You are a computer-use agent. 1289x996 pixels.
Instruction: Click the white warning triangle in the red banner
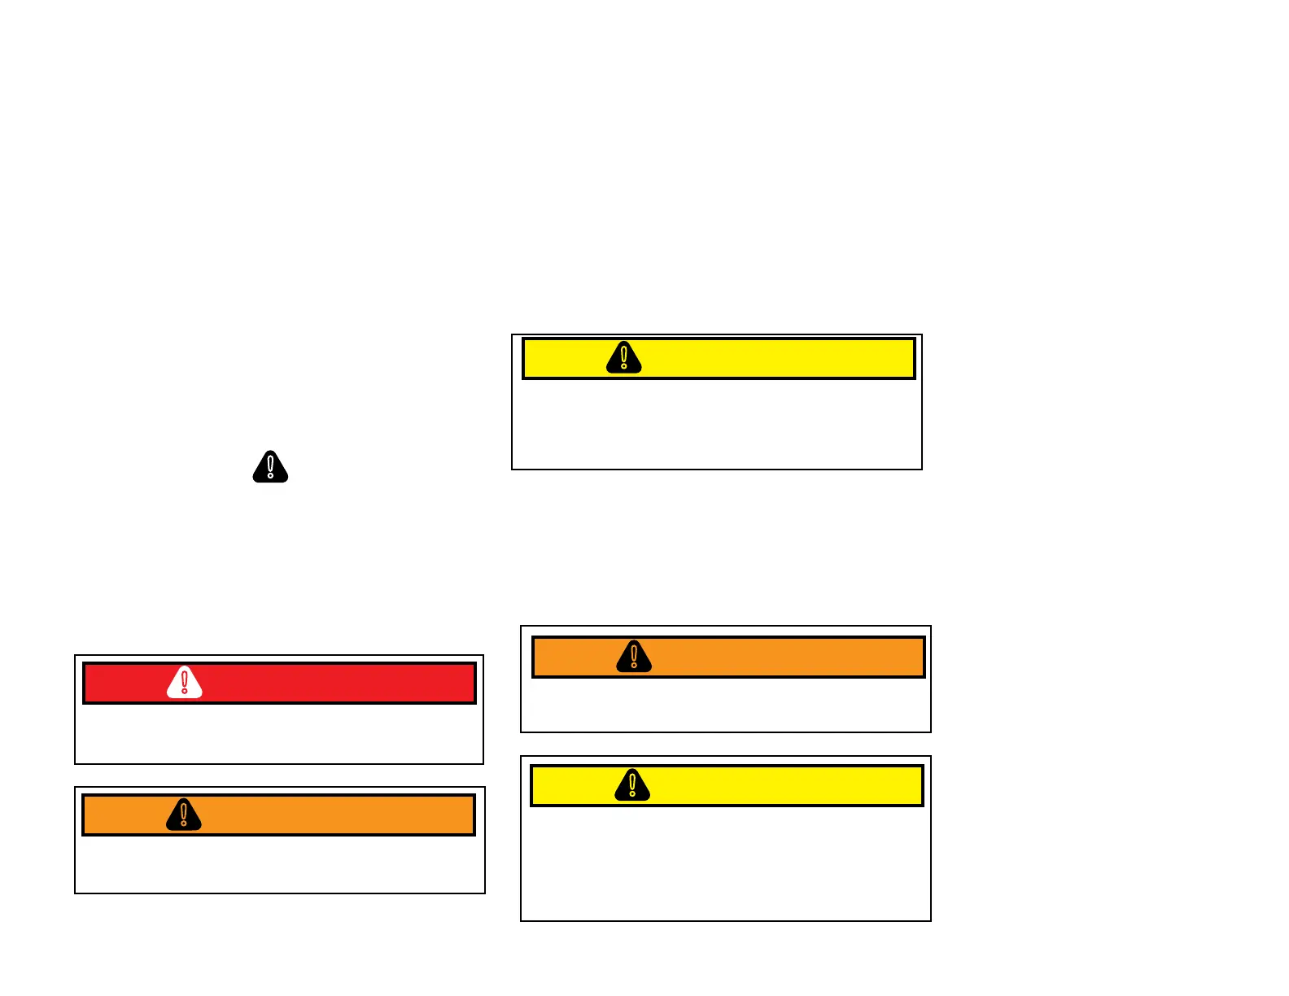[x=185, y=684]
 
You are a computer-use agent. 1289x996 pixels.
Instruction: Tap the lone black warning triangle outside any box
[x=270, y=467]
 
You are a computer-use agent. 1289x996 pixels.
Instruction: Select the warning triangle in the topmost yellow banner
[x=624, y=358]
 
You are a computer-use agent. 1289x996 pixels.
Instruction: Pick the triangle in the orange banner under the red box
[x=184, y=815]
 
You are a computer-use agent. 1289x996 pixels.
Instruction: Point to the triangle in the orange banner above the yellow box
[x=634, y=656]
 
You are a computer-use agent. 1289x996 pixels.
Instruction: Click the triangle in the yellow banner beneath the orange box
[x=632, y=785]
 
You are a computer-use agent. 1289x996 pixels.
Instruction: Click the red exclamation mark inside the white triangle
[x=185, y=683]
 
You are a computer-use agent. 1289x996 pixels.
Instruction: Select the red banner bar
[x=326, y=684]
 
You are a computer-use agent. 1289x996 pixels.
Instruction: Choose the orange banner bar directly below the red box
[x=326, y=815]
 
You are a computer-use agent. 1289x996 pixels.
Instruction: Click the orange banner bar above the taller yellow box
[x=773, y=657]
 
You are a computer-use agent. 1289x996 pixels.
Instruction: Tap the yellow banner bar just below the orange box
[x=773, y=786]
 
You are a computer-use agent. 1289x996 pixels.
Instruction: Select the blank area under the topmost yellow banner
[x=716, y=424]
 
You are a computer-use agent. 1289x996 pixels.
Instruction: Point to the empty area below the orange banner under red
[x=279, y=864]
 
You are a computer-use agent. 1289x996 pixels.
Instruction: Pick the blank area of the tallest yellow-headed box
[x=725, y=863]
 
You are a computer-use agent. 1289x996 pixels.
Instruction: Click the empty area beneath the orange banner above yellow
[x=725, y=705]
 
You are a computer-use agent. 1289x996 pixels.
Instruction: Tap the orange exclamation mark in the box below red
[x=184, y=814]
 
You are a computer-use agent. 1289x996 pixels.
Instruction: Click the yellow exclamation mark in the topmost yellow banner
[x=624, y=357]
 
